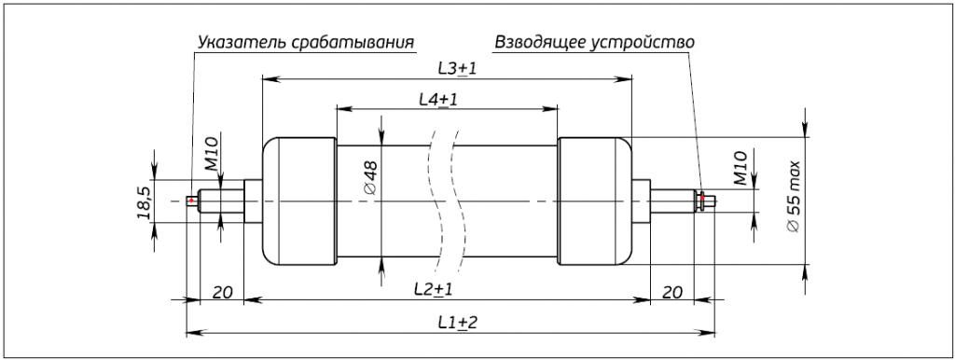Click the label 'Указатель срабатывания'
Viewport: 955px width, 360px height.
[305, 43]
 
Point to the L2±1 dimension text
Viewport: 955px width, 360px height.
[433, 289]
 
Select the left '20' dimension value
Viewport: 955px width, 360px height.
[222, 292]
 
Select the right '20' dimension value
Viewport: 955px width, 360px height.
[671, 292]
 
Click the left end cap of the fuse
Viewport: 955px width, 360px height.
[299, 201]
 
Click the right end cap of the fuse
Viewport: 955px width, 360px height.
[594, 201]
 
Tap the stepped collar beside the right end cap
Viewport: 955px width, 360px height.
[641, 201]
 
